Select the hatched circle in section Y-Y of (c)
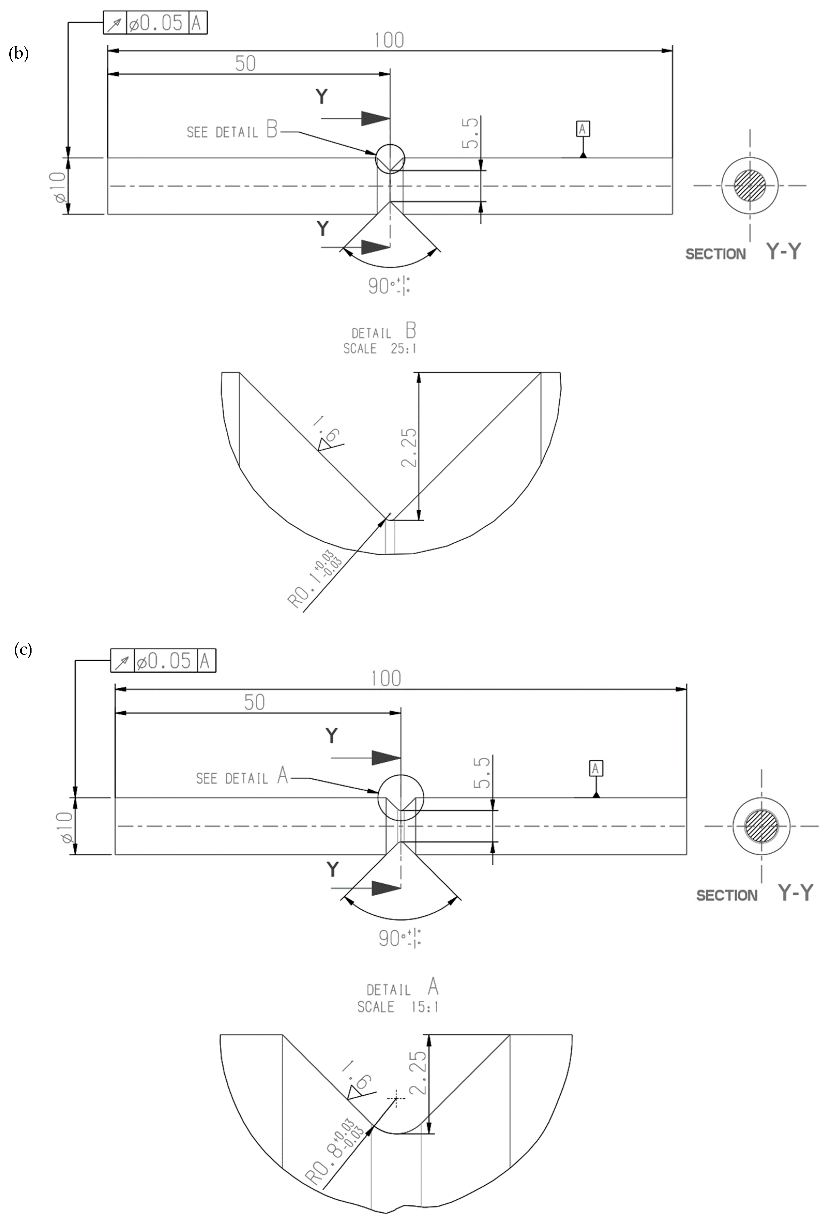tap(761, 825)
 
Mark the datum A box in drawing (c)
tap(596, 769)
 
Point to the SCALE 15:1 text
tap(398, 1007)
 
